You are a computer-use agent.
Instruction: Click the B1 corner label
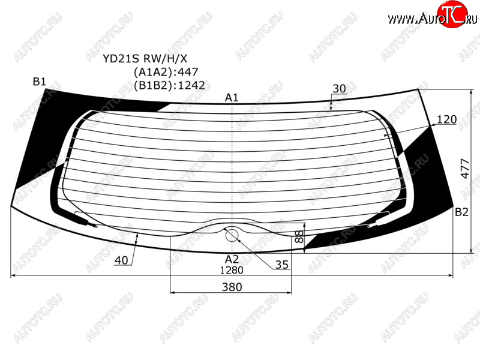40,82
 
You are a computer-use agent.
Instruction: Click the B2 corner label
461,212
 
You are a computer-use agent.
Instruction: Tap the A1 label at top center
232,98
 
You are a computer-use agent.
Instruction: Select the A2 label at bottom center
232,259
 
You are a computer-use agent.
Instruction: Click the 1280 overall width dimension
232,270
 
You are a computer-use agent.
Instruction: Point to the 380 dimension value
232,287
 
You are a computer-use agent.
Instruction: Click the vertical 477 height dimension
465,169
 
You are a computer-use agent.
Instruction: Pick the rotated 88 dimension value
299,236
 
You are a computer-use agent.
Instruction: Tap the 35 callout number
281,265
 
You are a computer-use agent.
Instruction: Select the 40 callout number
121,260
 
